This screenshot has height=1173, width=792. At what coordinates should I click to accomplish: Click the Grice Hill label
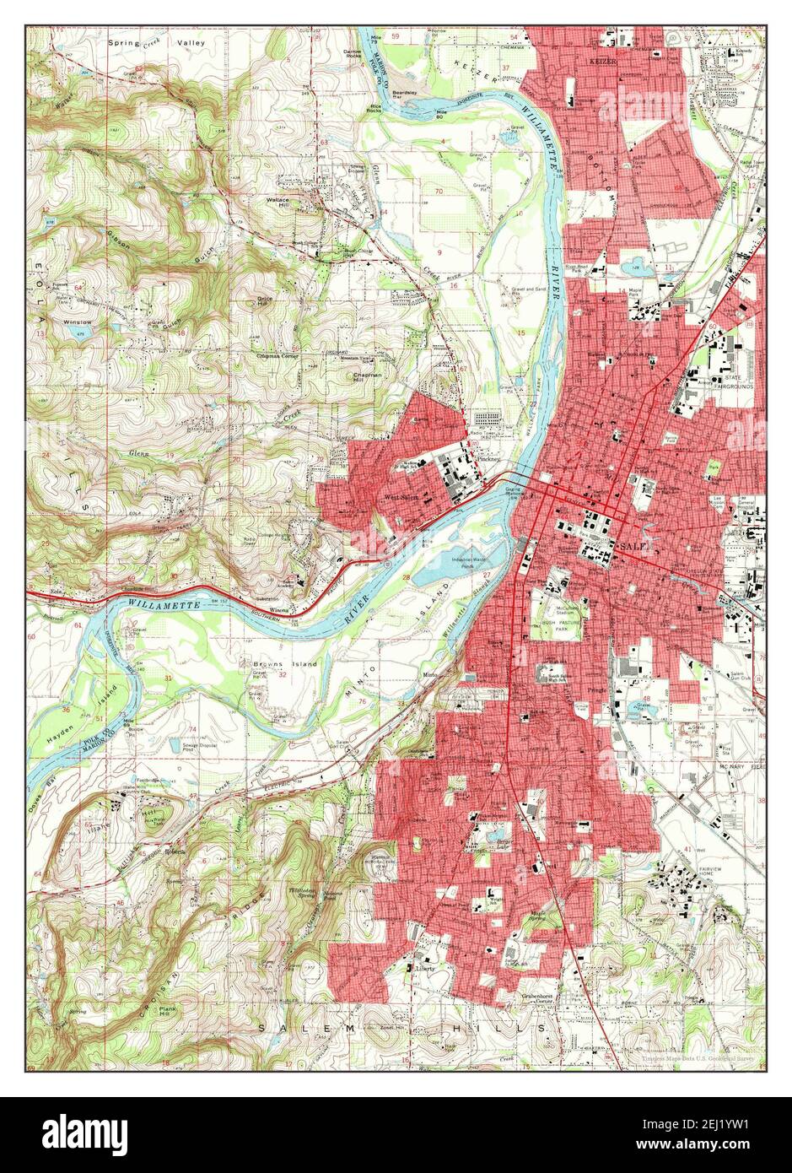click(x=265, y=300)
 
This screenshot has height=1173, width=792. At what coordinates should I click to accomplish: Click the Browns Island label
click(x=286, y=663)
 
